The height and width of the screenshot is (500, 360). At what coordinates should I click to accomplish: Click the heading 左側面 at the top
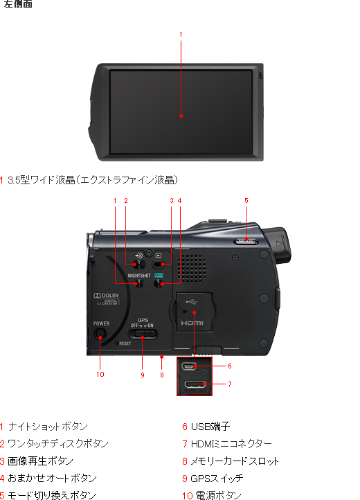(17, 5)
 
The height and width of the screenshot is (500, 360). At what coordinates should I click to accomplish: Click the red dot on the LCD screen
(181, 116)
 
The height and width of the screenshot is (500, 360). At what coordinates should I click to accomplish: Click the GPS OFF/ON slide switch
(143, 335)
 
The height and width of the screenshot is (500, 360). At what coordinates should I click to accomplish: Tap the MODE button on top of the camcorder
(245, 242)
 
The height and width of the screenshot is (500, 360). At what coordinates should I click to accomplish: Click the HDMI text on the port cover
(193, 323)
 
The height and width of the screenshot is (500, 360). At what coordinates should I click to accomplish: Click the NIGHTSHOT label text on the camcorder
(139, 275)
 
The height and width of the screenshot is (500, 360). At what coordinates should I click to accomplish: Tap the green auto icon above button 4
(158, 275)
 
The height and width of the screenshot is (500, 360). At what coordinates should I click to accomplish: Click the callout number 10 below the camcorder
(100, 375)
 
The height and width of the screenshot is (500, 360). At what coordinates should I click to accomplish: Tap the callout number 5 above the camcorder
(246, 201)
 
